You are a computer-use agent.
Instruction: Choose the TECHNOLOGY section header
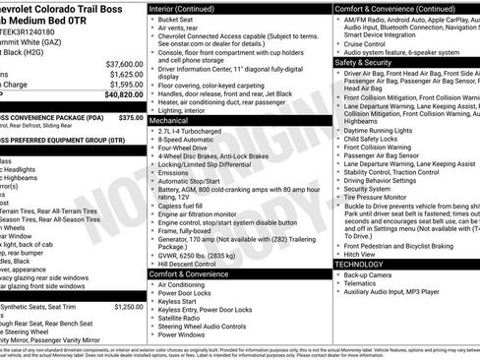[x=359, y=264]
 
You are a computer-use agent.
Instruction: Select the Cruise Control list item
[x=366, y=43]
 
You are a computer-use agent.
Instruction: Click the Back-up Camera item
[x=369, y=275]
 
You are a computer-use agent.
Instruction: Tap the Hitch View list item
[x=360, y=253]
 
